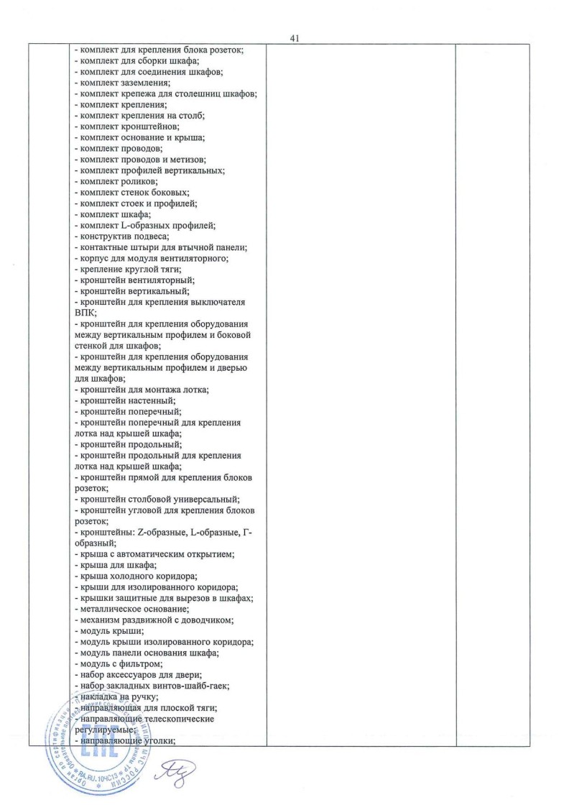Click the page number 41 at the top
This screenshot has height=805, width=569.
click(x=295, y=39)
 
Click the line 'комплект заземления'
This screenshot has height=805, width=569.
click(x=122, y=83)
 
